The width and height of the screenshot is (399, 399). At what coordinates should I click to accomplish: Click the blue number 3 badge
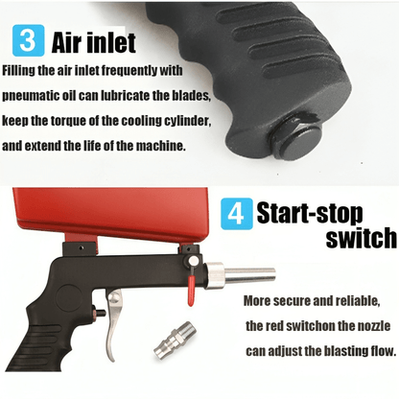tap(28, 40)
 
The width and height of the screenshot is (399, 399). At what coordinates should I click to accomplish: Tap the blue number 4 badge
tap(237, 214)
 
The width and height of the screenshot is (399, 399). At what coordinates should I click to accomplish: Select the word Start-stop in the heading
tap(310, 213)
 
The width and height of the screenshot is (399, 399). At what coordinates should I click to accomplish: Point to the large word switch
tap(361, 237)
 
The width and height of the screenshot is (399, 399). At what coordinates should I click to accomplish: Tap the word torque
tap(68, 121)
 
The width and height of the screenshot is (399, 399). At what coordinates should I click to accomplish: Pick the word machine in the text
tap(161, 146)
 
